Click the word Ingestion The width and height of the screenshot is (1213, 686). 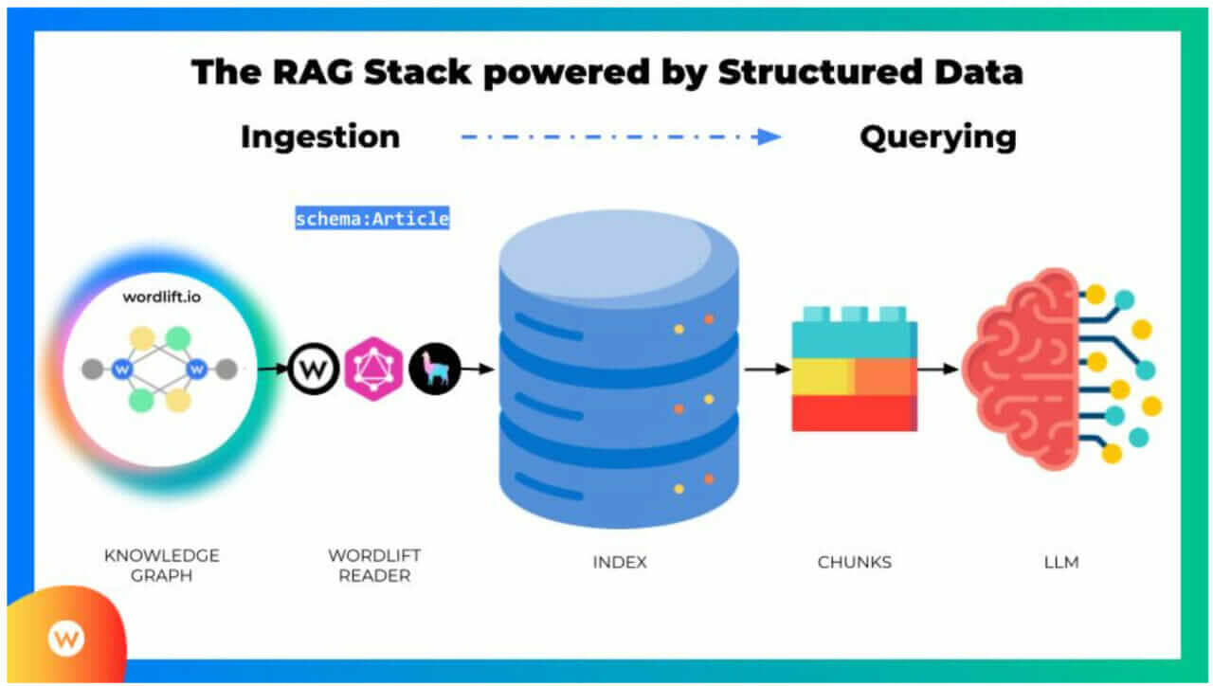pos(320,136)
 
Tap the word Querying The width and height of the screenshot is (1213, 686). pos(937,136)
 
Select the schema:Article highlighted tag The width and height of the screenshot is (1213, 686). pos(371,219)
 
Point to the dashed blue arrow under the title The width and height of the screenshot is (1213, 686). pos(621,136)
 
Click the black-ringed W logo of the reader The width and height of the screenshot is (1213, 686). pos(314,369)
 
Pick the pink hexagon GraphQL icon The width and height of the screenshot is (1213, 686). pos(373,369)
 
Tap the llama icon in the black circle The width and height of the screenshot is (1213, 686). pos(435,369)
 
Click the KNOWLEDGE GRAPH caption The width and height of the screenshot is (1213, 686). pos(161,565)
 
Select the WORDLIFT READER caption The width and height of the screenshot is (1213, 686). pos(374,565)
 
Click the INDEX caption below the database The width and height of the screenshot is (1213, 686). pos(620,562)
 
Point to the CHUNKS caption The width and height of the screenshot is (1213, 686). pos(855,562)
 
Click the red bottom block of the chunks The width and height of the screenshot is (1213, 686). pos(853,412)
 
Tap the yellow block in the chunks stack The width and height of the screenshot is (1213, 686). pos(821,376)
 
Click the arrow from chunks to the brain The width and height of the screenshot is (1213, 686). pos(938,368)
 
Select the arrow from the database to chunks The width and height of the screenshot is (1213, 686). pos(766,368)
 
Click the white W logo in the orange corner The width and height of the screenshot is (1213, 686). pos(65,638)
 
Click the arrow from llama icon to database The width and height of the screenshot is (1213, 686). pos(480,369)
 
